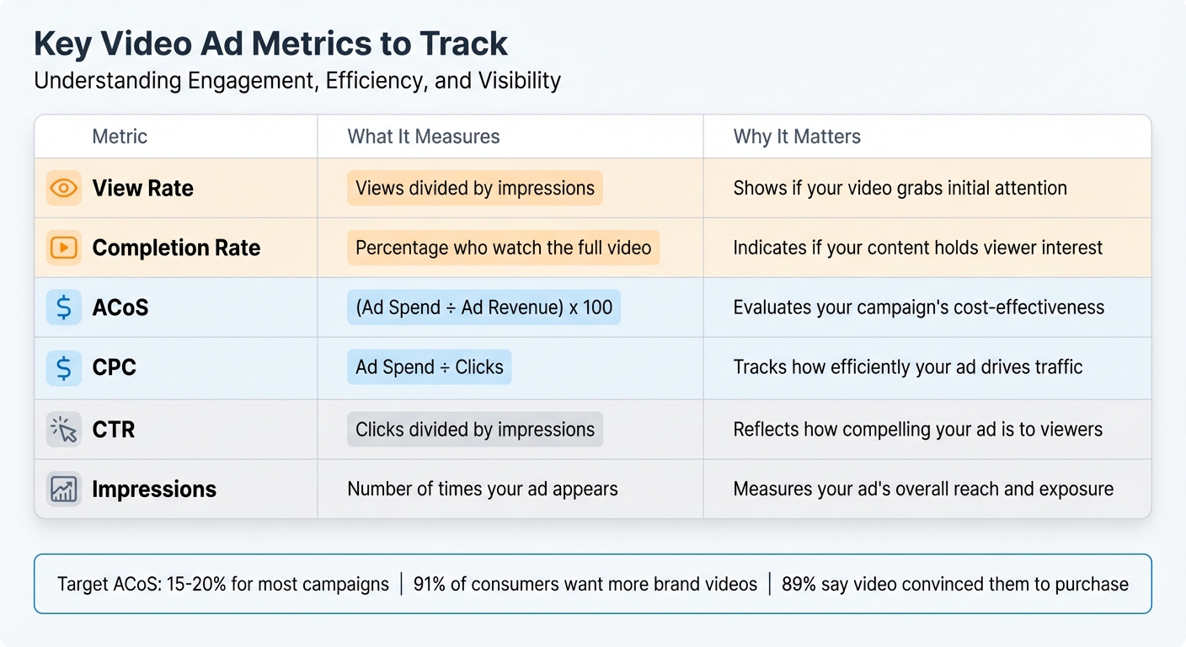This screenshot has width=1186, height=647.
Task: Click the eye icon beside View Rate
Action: (x=64, y=188)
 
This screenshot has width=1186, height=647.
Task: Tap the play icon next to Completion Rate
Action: (x=64, y=248)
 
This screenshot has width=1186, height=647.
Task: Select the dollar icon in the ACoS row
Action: (x=64, y=307)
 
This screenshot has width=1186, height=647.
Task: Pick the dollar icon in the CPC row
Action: (x=64, y=367)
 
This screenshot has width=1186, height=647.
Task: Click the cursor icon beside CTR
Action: (x=64, y=430)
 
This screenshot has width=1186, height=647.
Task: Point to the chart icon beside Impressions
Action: (x=64, y=489)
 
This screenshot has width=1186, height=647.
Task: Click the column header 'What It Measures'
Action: (x=424, y=136)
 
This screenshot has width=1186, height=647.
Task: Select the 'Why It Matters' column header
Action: (x=797, y=136)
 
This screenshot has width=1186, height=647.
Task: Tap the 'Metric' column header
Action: (x=120, y=136)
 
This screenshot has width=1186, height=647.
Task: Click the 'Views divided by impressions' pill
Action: (x=475, y=188)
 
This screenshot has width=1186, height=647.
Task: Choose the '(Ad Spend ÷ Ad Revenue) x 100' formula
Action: (x=483, y=307)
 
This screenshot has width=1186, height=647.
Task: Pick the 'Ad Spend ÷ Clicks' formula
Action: (x=429, y=367)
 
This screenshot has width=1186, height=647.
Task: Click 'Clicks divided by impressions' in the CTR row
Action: (x=475, y=430)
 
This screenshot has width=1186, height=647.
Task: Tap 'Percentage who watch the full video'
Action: (x=503, y=248)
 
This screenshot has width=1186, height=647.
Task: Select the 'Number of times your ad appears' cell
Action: (x=483, y=489)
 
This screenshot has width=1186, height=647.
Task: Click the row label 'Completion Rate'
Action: (x=176, y=248)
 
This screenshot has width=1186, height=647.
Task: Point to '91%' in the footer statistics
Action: (x=430, y=584)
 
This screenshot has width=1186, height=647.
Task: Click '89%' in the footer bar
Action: (x=799, y=584)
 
